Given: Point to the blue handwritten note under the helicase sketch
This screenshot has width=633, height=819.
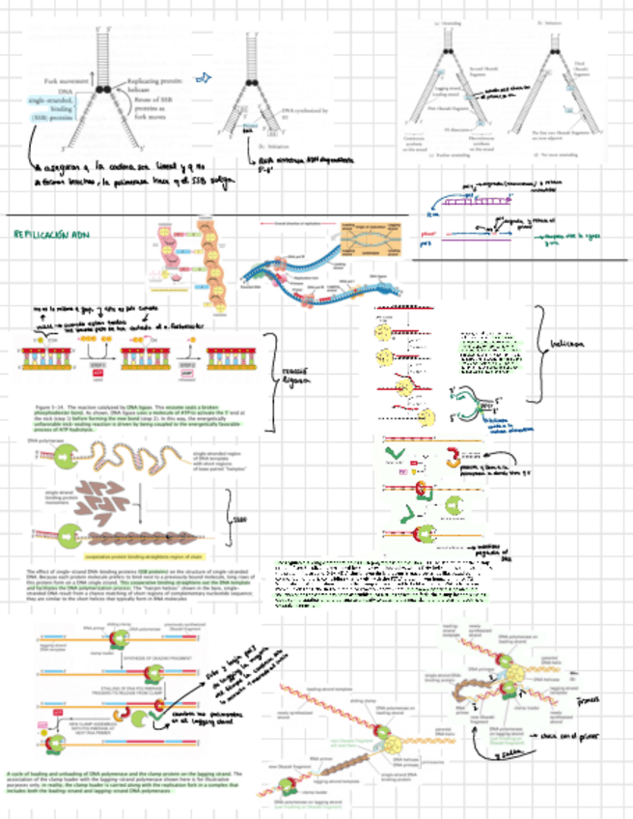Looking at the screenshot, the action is click(491, 424).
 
